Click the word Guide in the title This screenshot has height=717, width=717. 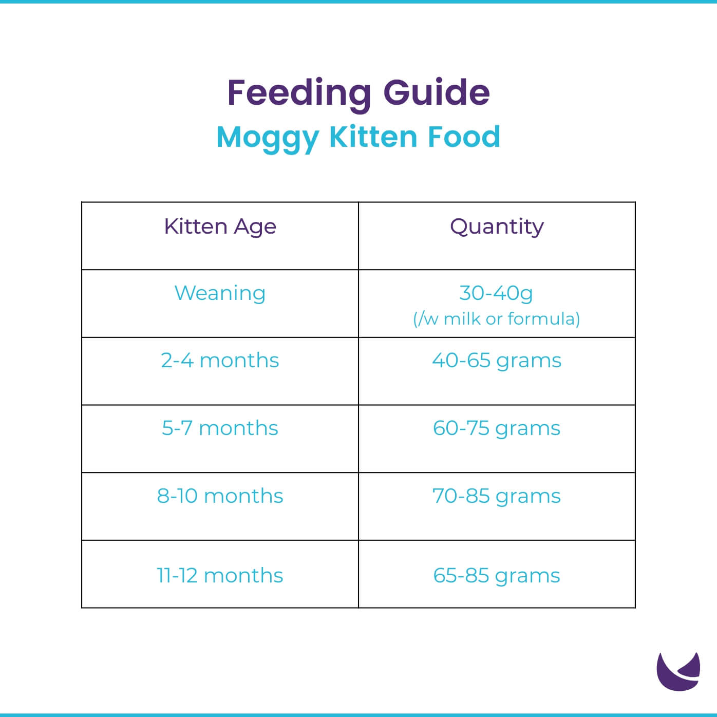coord(437,93)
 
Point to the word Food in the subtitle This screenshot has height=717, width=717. coord(464,137)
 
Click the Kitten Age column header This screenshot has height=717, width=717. coord(220,227)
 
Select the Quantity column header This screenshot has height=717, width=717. coord(497,227)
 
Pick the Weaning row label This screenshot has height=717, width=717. coord(220,293)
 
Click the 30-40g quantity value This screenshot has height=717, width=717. coord(496,293)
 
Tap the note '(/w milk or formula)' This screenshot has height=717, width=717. coord(496,319)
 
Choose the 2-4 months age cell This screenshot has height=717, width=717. coord(220,361)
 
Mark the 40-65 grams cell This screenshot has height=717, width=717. coord(496,361)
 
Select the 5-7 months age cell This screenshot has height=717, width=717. coord(220,428)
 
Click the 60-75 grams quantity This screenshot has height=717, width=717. coord(496,428)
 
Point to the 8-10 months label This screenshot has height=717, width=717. coord(220,496)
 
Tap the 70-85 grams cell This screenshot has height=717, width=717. coord(496,496)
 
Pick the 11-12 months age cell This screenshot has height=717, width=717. coord(220,576)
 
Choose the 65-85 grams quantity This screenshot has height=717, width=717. coord(496,576)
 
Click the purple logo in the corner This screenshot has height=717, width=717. coord(678,672)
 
